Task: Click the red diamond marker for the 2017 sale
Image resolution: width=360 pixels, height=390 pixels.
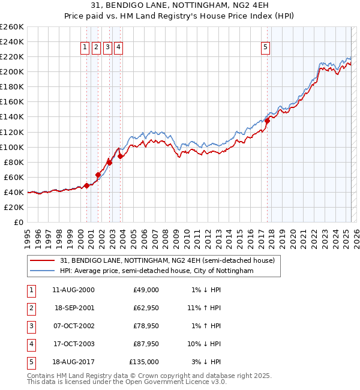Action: click(x=268, y=121)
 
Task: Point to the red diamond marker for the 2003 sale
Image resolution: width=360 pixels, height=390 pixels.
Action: click(x=121, y=156)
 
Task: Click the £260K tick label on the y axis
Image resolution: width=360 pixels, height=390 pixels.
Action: click(x=12, y=27)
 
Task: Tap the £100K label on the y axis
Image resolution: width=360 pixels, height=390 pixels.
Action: click(x=12, y=147)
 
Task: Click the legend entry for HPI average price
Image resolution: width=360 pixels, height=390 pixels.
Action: click(x=157, y=271)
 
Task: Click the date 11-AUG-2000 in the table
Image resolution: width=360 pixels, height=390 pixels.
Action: click(x=73, y=290)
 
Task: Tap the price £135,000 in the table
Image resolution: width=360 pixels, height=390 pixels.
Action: click(x=144, y=362)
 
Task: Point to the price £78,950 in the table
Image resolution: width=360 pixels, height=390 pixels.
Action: click(x=146, y=326)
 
